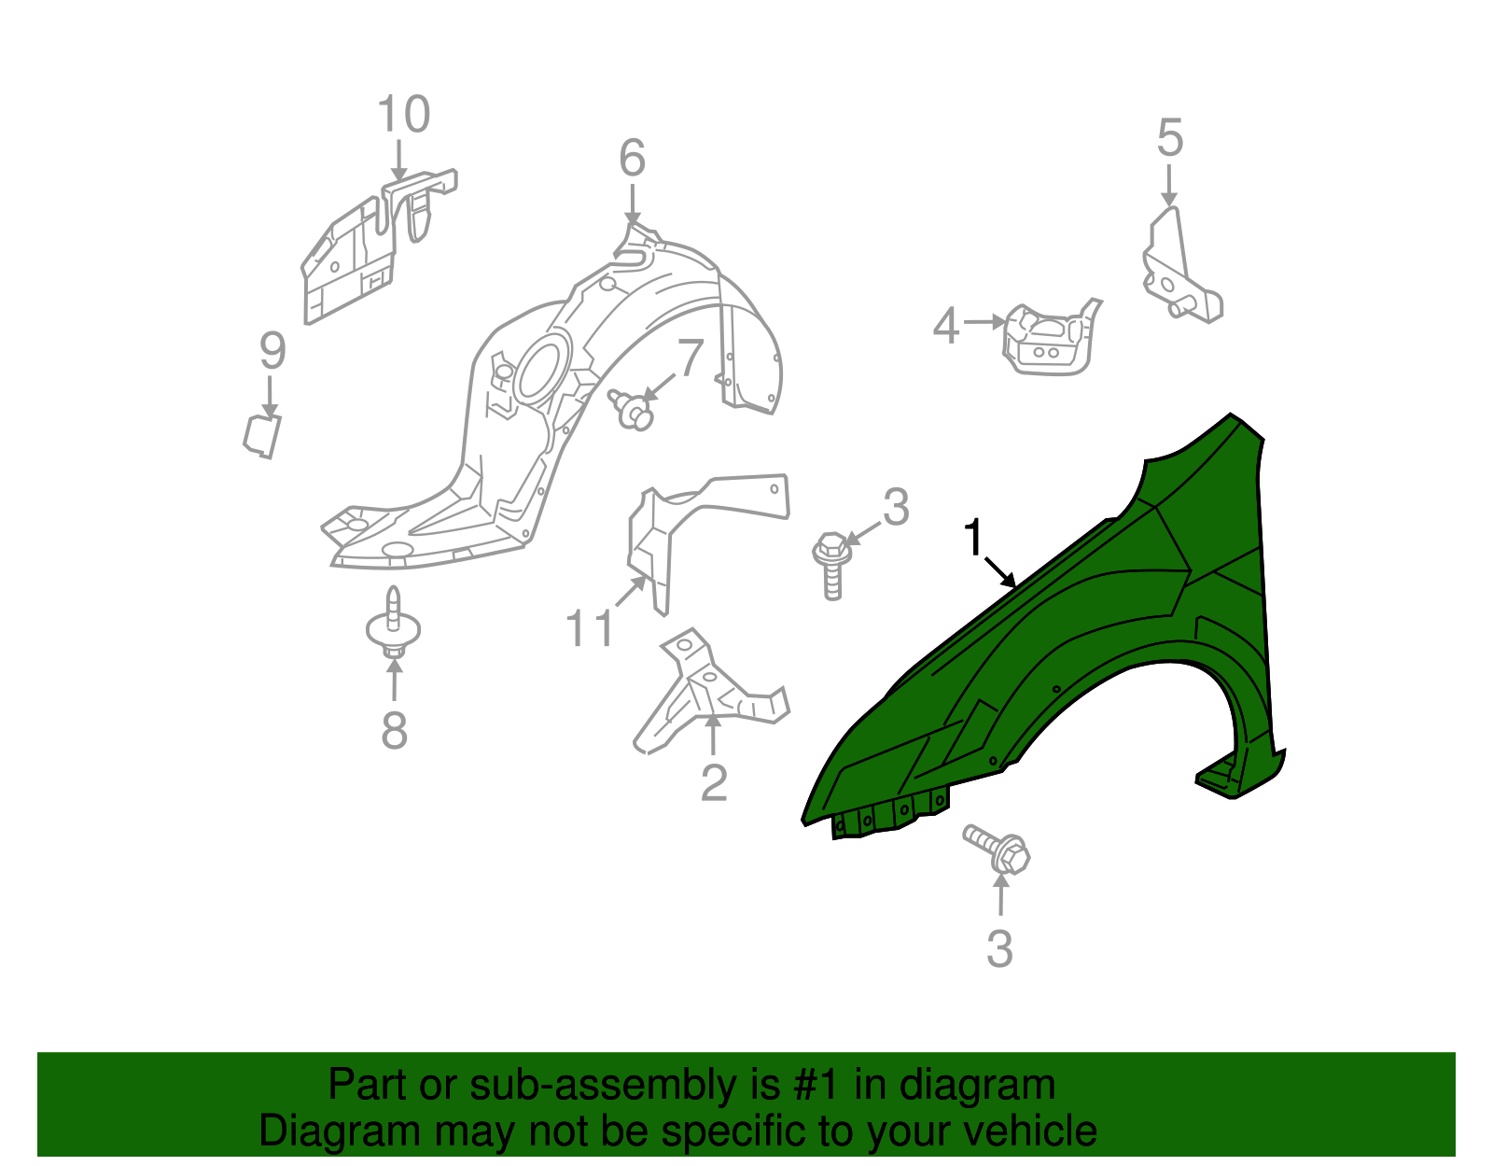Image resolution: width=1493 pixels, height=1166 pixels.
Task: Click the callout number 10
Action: coord(403,115)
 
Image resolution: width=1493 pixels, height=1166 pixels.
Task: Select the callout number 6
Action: coord(632,158)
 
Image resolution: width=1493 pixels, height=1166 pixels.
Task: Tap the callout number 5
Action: coord(1169,138)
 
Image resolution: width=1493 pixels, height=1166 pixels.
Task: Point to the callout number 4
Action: coord(945,327)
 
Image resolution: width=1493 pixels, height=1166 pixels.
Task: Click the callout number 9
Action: coord(272,351)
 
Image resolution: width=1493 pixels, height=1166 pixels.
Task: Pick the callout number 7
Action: coord(689,358)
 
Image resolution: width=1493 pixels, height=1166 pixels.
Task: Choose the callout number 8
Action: coord(394,730)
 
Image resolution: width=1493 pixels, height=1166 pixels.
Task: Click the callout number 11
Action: coord(590,628)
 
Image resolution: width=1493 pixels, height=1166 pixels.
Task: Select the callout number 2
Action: coord(714,782)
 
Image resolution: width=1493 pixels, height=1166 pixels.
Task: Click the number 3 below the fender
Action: coord(999,949)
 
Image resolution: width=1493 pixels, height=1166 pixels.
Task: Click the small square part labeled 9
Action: coord(262,436)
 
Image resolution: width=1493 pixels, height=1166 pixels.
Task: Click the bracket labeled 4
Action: coord(1047,340)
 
